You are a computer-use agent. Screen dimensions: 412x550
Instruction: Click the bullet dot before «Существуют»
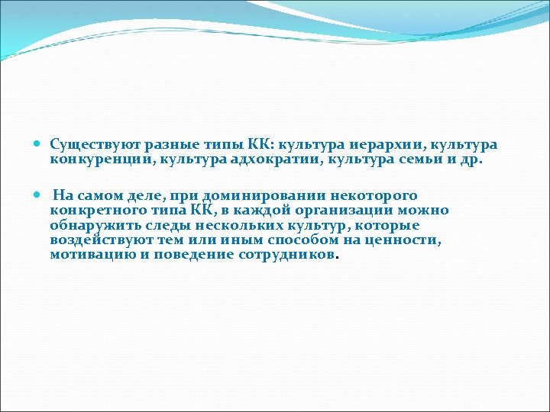tap(39, 144)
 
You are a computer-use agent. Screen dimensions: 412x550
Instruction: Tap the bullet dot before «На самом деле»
tap(39, 196)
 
